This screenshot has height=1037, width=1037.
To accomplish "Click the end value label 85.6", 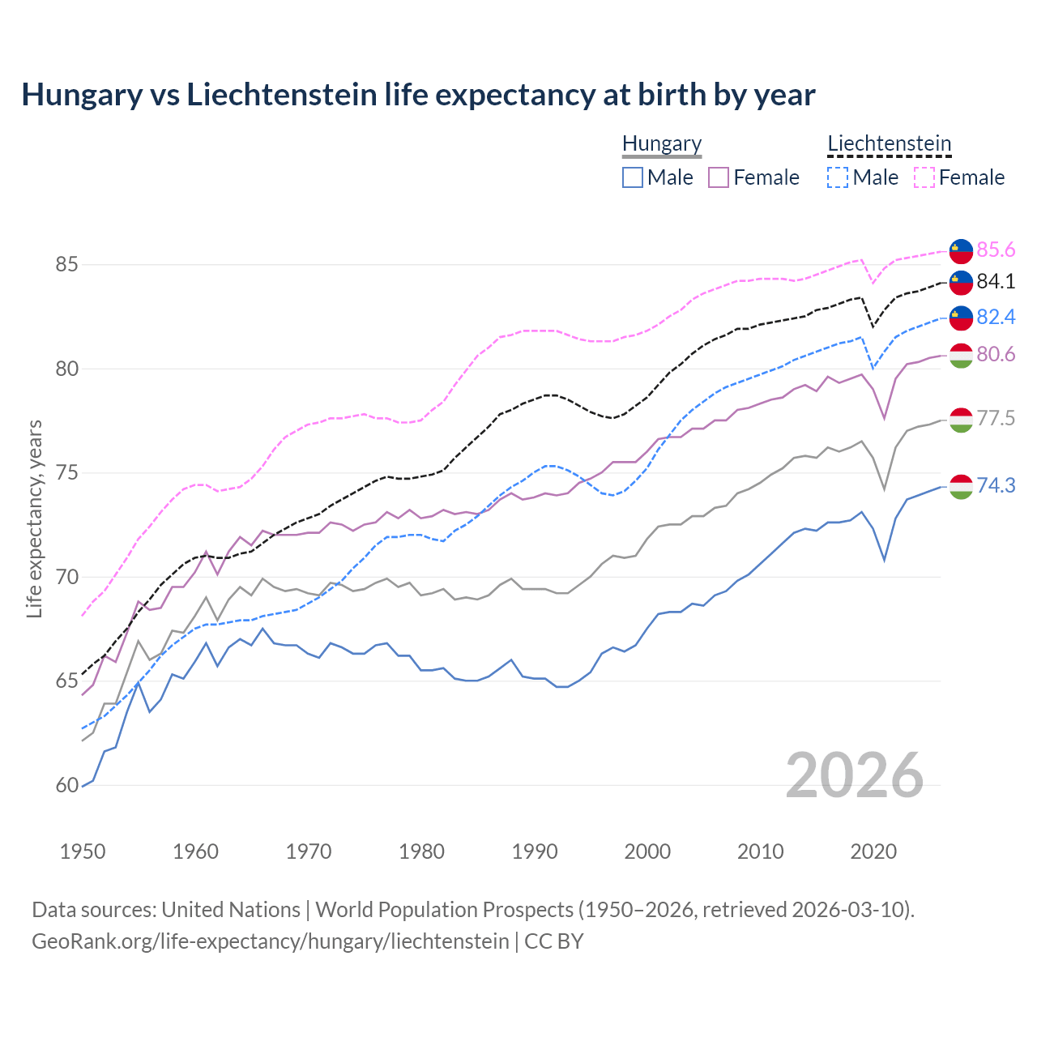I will [x=996, y=250].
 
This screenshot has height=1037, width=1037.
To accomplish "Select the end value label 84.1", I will [x=996, y=281].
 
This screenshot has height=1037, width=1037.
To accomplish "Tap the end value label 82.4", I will [x=996, y=317].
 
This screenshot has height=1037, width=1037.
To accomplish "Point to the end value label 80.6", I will [x=996, y=354].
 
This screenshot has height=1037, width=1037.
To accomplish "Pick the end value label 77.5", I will [x=996, y=418].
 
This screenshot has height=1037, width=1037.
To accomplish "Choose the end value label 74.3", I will [x=996, y=485].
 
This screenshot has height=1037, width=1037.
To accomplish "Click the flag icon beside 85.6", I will [x=961, y=251].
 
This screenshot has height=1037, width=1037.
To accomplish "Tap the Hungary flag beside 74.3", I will [x=961, y=486].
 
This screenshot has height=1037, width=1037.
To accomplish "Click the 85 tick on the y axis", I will [x=67, y=265].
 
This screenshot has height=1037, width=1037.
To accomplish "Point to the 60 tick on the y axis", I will [x=67, y=785].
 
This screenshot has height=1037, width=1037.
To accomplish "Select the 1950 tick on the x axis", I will [x=83, y=851].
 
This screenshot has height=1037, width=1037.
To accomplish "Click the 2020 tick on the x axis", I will [x=873, y=851].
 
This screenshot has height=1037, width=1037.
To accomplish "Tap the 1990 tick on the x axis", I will [x=535, y=851].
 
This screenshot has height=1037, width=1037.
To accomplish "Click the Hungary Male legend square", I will [x=633, y=177].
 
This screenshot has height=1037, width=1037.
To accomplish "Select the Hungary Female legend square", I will [x=719, y=177].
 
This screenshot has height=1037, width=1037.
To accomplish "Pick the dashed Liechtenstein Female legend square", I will [x=924, y=177].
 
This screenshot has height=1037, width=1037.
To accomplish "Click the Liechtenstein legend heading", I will [x=889, y=143].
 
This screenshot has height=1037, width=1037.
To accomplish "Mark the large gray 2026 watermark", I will [x=855, y=775].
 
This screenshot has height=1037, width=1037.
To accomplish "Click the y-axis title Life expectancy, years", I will [x=35, y=518].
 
